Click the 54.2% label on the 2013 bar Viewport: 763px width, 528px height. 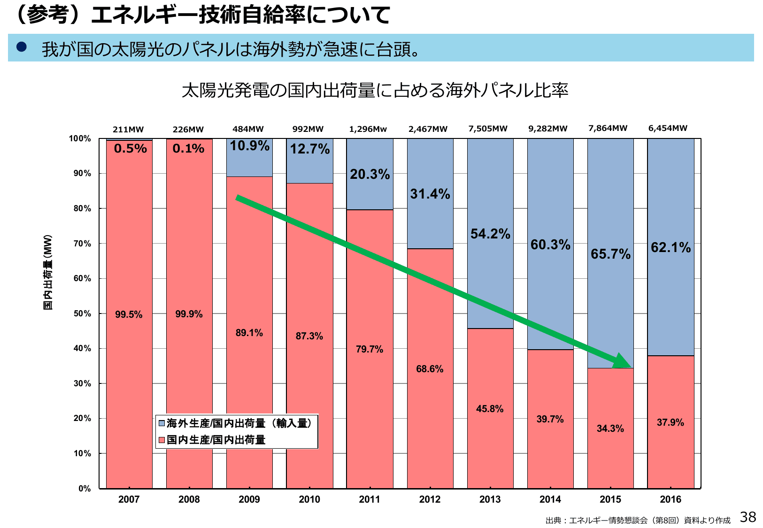(x=490, y=234)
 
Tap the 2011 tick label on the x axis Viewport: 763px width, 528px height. (x=370, y=499)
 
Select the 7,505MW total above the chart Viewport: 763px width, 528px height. (x=488, y=129)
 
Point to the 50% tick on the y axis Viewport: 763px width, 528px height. (x=82, y=314)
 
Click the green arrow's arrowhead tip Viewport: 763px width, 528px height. (x=631, y=367)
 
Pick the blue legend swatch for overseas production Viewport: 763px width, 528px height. (x=162, y=423)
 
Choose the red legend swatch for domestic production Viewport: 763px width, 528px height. (x=162, y=440)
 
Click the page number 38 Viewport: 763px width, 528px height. (x=748, y=517)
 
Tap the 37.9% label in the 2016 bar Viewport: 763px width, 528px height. (x=670, y=422)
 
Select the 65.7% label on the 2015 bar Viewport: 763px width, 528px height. (x=610, y=254)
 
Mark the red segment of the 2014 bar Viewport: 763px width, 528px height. (x=550, y=446)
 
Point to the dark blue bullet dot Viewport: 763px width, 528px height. (x=22, y=47)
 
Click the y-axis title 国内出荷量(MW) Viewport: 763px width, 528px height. (x=48, y=272)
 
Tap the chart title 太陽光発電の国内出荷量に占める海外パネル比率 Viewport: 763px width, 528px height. (x=375, y=90)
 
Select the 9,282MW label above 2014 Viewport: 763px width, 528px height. (x=548, y=129)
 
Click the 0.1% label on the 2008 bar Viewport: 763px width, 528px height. (x=188, y=149)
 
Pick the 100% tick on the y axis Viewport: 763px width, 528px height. (x=80, y=138)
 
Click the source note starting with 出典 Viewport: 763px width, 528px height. (x=638, y=520)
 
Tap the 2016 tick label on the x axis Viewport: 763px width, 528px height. (x=671, y=499)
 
